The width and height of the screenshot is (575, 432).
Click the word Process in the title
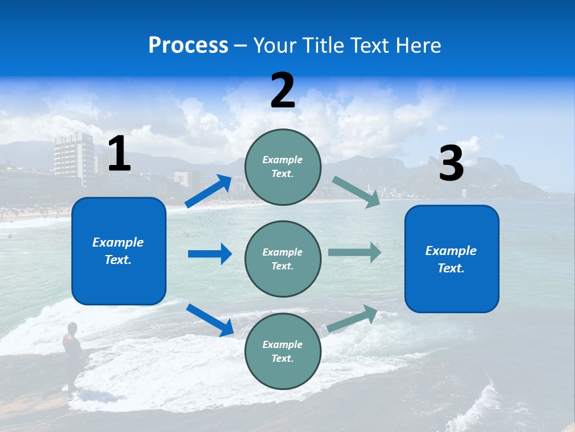point(188,46)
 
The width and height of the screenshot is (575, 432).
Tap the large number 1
point(119,154)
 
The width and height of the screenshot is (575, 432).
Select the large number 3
point(451,164)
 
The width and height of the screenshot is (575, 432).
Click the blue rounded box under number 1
point(119,251)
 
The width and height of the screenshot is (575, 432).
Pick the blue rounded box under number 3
point(452,259)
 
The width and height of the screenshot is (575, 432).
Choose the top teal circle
point(283,167)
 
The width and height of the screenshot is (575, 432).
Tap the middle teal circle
point(283,259)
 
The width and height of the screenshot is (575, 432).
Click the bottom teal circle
point(283,351)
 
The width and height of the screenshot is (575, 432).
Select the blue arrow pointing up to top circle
point(208,191)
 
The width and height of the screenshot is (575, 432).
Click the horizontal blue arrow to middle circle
point(210,254)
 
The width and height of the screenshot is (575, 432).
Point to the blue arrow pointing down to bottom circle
point(210,320)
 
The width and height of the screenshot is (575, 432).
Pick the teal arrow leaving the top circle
point(356,191)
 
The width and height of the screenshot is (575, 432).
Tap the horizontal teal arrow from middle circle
point(355,252)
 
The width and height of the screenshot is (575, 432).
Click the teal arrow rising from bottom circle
point(352,319)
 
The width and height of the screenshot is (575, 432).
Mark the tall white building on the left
point(74,157)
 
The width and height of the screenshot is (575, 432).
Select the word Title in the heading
point(324,46)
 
